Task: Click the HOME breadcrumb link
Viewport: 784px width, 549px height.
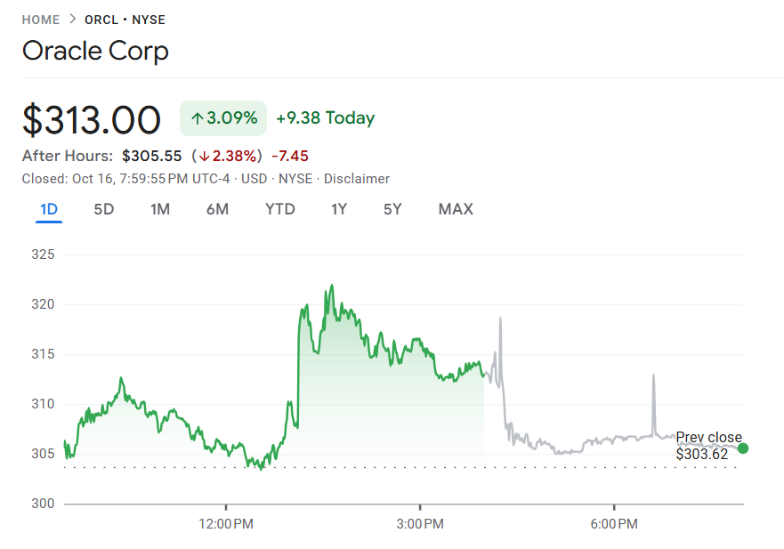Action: pos(41,20)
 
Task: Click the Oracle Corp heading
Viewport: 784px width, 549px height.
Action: pos(95,51)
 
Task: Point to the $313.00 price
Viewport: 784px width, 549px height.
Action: pos(92,119)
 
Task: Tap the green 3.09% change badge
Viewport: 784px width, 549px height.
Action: pos(223,118)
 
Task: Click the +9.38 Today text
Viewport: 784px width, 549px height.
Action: pos(325,118)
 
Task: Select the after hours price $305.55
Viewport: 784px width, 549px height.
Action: pos(151,156)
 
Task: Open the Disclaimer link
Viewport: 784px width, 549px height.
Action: pos(356,179)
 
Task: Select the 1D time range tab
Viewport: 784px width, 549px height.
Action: pos(49,209)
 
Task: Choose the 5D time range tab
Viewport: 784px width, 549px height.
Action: pos(104,209)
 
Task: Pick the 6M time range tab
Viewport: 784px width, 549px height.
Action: pos(217,209)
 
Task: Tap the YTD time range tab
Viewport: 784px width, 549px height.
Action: pos(280,209)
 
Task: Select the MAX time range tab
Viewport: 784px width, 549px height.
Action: pos(456,209)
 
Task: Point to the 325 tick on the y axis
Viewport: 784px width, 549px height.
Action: pos(44,255)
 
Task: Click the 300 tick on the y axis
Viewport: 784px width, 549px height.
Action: pos(44,504)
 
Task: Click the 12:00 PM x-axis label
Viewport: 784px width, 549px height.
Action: pos(226,524)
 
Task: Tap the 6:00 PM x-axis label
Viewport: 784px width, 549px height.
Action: pos(614,524)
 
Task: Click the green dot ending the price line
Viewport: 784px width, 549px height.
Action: pos(743,448)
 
